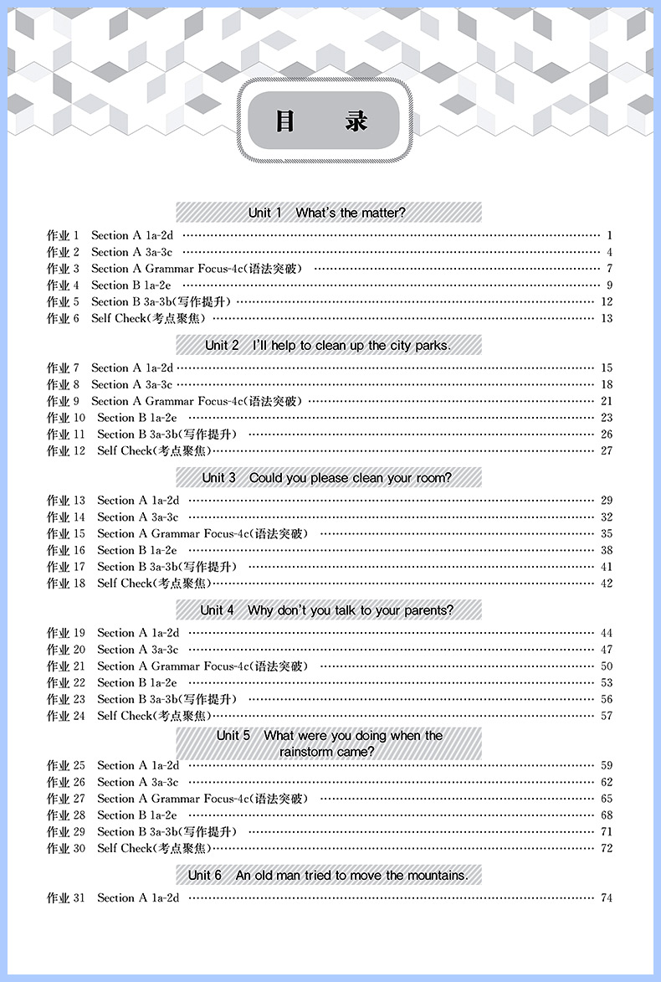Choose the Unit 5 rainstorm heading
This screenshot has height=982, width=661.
tap(329, 743)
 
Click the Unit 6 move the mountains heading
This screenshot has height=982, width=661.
tap(328, 876)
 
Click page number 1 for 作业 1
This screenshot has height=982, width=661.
tap(610, 235)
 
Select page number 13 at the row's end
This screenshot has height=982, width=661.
tap(607, 318)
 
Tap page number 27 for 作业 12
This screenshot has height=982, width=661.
tap(607, 450)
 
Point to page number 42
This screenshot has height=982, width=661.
tap(607, 584)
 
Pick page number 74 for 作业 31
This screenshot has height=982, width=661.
tap(607, 898)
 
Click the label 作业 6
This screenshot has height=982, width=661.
tap(63, 318)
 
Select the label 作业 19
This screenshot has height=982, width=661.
tap(66, 633)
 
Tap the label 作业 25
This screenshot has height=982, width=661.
tap(66, 765)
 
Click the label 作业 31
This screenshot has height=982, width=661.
tap(66, 898)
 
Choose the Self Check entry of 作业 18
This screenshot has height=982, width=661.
tap(154, 584)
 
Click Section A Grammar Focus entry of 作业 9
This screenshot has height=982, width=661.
tap(197, 401)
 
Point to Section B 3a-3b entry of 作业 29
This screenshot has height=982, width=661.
tap(167, 831)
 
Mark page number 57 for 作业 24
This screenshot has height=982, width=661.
tap(607, 716)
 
